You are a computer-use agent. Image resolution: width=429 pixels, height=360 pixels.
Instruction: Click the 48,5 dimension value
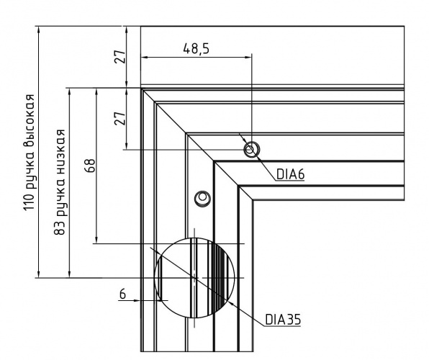pos(197,48)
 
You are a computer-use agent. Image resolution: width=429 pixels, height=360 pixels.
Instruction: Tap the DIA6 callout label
pos(290,174)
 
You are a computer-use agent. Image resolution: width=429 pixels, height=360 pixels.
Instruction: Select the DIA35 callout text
pos(283,319)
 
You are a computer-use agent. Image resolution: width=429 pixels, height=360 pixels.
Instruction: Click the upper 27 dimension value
pos(120,57)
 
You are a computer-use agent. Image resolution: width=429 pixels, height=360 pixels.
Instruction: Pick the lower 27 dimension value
pos(120,118)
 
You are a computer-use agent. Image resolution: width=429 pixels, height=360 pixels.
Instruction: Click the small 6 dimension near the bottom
pos(122,294)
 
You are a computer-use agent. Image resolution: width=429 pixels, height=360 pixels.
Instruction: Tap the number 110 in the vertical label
pos(30,202)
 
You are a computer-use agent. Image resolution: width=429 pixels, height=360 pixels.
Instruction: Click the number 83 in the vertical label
pos(60,228)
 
